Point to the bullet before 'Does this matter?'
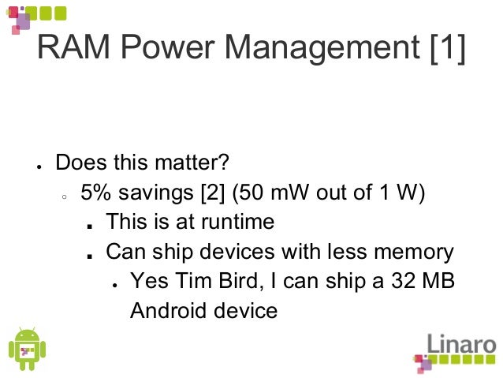point(37,167)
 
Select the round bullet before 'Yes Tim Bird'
point(114,283)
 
